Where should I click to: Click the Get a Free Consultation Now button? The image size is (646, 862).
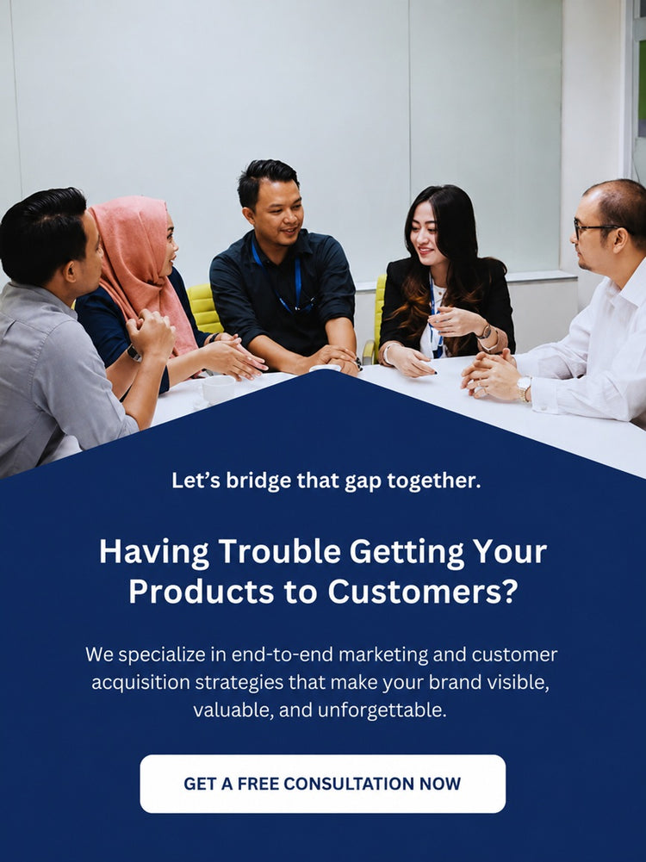point(323,784)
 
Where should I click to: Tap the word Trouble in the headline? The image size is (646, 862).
point(279,551)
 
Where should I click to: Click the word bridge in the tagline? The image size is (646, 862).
point(258,481)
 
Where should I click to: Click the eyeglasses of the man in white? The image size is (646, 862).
point(593,227)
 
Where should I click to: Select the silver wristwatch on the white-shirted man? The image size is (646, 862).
point(524,387)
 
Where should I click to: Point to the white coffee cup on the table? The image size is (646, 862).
point(218,389)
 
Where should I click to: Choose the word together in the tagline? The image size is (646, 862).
point(434,481)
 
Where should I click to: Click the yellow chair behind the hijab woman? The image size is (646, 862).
point(204,308)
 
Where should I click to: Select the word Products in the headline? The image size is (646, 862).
point(202,592)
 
